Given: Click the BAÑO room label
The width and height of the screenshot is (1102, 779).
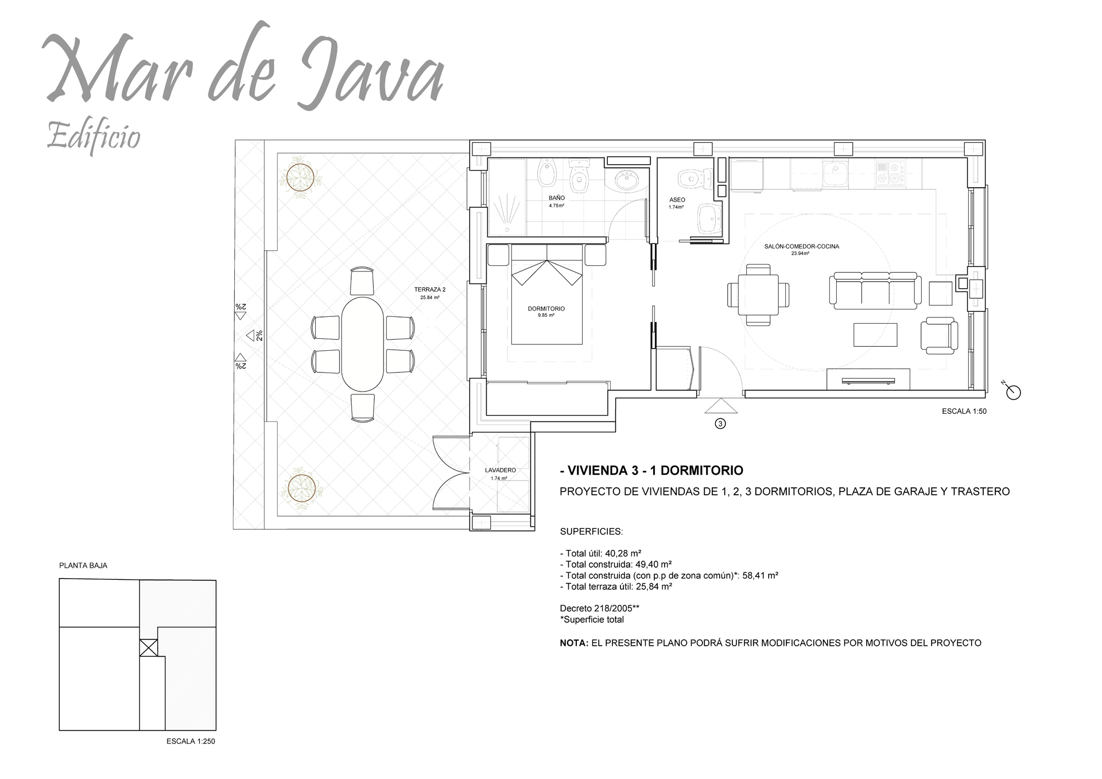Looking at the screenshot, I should click(556, 198).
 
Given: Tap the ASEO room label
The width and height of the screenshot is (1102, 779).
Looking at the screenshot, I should click(677, 200).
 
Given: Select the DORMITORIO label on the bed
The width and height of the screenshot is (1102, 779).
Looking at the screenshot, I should click(546, 309).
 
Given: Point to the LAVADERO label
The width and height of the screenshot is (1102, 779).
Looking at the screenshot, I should click(500, 470).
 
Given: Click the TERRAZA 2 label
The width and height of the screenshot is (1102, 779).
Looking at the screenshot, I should click(429, 290).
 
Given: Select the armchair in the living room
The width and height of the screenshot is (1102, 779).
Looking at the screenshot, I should click(939, 335).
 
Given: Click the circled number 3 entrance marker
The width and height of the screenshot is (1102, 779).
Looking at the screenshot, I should click(721, 424).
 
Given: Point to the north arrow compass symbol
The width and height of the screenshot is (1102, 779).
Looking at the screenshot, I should click(1014, 392).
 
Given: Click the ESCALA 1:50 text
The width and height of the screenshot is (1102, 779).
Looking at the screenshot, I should click(964, 412).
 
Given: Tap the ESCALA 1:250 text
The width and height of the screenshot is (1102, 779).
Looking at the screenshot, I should click(191, 741).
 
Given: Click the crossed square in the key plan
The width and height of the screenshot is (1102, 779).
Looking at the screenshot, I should click(149, 648).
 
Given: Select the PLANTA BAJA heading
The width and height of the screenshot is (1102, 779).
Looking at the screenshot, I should click(83, 565).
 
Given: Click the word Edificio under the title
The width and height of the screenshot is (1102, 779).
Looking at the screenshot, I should click(94, 136).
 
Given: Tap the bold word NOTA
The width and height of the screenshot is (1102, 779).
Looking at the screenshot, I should click(574, 643).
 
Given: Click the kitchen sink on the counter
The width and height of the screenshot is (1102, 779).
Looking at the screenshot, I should click(835, 173).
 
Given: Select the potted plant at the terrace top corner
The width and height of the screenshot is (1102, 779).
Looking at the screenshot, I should click(301, 176).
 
